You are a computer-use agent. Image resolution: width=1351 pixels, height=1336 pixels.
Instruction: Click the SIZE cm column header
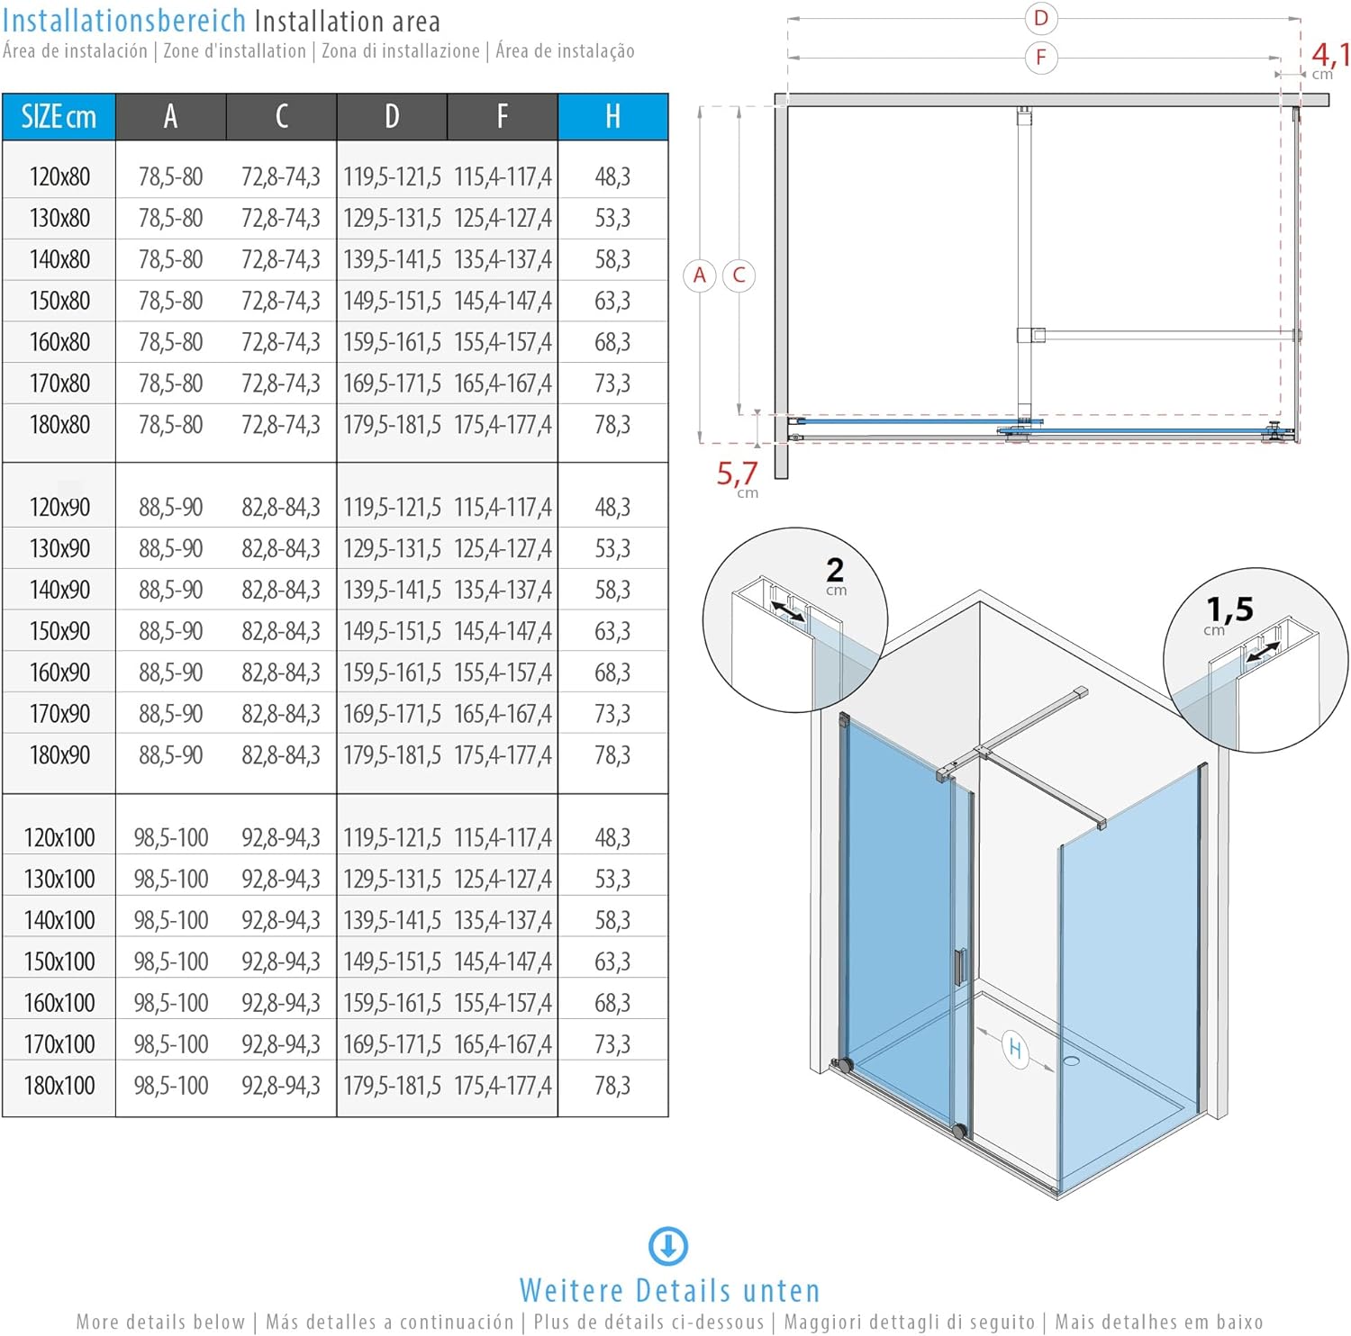59,117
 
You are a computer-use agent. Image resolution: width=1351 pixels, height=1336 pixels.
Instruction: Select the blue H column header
612,117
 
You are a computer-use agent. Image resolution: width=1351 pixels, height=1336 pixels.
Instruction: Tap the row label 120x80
59,176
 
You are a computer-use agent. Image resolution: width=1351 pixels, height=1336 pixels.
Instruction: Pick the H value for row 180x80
612,425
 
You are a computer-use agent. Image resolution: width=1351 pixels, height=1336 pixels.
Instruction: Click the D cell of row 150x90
392,631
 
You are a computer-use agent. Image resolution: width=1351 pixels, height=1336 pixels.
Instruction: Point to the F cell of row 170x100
503,1044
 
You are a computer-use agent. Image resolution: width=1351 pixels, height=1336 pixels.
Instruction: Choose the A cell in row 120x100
170,838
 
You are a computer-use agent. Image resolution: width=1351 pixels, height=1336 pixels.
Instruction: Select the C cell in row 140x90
280,590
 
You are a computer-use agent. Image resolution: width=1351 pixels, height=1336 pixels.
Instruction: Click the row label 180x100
59,1086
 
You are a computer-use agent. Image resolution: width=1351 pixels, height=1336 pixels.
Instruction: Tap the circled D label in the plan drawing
1041,18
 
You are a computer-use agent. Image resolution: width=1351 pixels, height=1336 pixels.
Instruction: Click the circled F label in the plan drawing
1041,58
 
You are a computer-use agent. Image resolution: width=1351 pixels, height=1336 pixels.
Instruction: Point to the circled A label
700,275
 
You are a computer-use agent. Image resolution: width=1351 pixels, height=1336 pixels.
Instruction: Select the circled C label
739,275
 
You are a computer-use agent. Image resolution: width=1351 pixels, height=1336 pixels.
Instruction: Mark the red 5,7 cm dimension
738,476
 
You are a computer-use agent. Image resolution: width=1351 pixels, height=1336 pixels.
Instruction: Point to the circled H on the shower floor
1015,1049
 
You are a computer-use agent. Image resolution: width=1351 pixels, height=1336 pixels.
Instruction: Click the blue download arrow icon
668,1247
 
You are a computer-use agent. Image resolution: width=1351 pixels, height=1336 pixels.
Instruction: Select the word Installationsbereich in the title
124,21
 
